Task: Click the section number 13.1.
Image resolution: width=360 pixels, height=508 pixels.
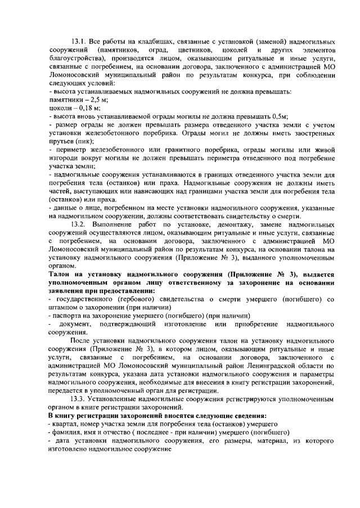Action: pos(79,42)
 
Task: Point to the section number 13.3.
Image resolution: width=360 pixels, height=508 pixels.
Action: pos(79,399)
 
